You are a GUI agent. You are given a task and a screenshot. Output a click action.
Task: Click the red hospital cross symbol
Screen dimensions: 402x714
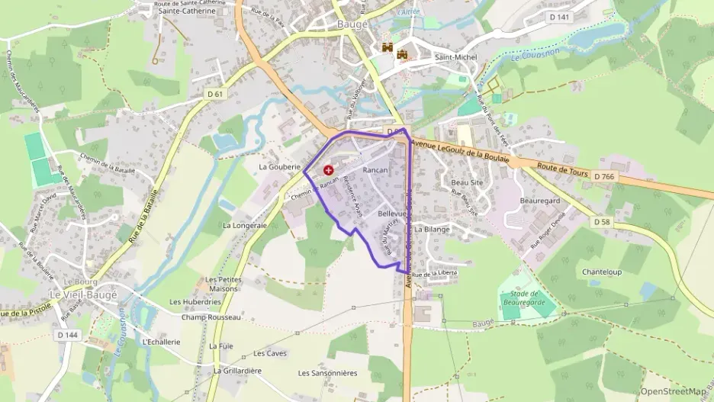328,170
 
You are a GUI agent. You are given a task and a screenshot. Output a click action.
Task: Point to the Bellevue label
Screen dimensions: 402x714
392,215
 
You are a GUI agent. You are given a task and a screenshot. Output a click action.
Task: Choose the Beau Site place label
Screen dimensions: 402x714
467,183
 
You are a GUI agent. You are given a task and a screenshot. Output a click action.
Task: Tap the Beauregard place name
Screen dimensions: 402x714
540,200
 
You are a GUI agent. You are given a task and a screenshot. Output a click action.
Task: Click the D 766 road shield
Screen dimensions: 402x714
603,176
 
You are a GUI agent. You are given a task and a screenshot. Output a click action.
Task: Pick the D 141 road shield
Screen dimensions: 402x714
560,17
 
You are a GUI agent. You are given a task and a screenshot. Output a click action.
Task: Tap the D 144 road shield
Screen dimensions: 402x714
67,334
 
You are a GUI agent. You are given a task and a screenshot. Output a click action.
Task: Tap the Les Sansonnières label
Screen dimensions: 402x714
327,373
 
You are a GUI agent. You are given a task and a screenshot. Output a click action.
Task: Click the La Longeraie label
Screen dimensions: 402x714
244,226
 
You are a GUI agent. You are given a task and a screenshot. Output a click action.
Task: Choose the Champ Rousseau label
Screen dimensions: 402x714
211,317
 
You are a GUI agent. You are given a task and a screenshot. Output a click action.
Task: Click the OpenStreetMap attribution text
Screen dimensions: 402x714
674,391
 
